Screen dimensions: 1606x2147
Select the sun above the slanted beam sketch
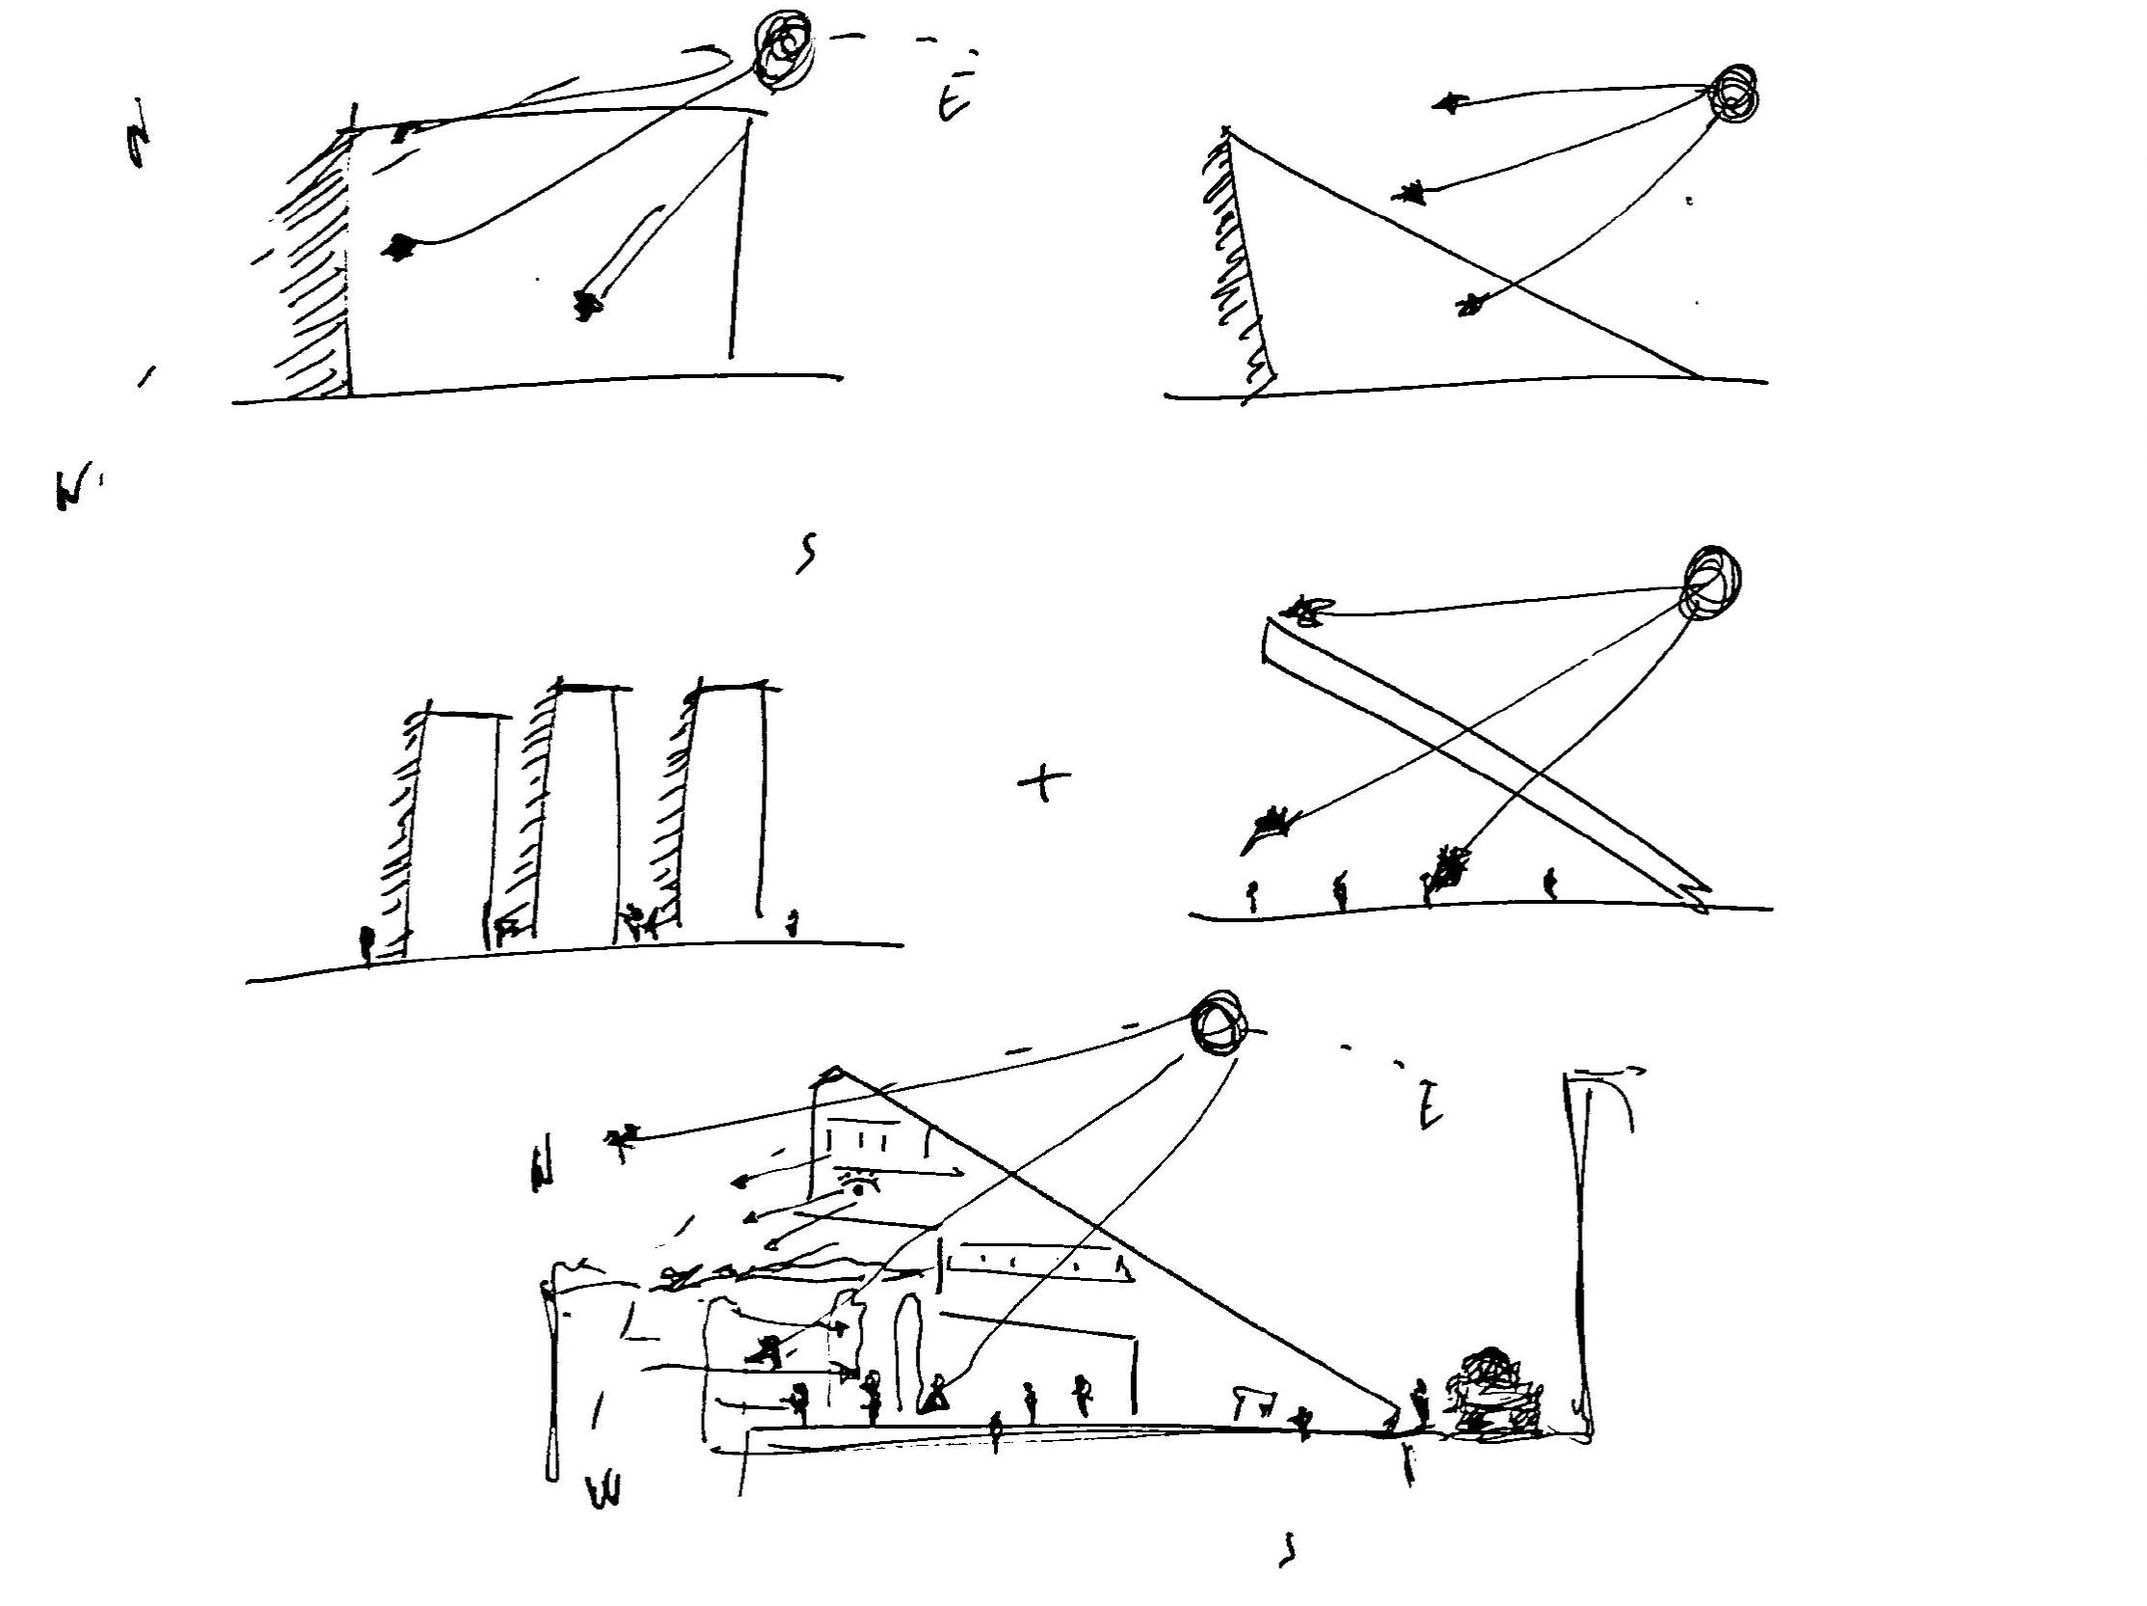point(1712,582)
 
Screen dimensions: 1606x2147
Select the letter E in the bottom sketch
point(1429,1105)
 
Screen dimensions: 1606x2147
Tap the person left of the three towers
point(367,941)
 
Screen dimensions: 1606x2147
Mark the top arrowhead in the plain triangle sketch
point(1448,102)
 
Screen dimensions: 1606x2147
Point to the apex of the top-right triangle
point(1228,131)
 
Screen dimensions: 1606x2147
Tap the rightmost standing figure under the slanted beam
point(1550,883)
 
